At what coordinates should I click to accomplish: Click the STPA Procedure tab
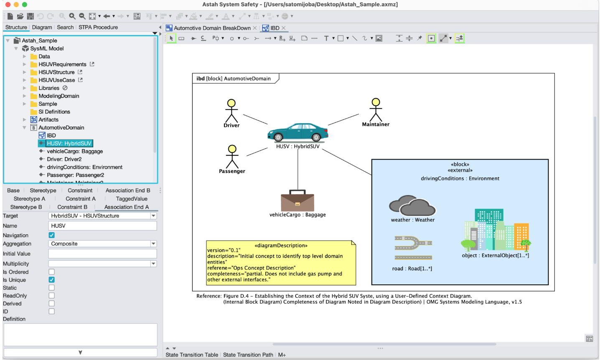click(98, 27)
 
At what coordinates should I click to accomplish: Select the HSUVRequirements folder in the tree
click(62, 64)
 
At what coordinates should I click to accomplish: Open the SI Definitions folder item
click(54, 112)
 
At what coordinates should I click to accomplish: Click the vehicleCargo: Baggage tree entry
click(74, 152)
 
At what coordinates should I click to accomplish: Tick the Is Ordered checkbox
click(52, 272)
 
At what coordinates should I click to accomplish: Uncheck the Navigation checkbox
click(52, 236)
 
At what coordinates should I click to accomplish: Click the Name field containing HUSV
click(102, 226)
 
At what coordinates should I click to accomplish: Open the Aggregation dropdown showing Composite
click(102, 244)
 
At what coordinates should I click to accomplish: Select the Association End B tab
click(127, 190)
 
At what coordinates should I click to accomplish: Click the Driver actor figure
click(231, 111)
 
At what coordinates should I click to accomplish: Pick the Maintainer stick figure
click(376, 110)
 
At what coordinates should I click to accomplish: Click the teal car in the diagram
click(298, 132)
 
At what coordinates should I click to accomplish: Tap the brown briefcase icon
click(297, 201)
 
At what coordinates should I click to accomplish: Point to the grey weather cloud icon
click(412, 205)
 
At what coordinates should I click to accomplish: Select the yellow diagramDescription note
click(281, 263)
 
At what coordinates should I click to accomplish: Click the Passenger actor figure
click(232, 157)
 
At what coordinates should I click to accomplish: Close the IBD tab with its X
click(284, 28)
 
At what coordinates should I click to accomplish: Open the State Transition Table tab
click(192, 355)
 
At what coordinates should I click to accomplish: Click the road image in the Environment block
click(413, 248)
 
